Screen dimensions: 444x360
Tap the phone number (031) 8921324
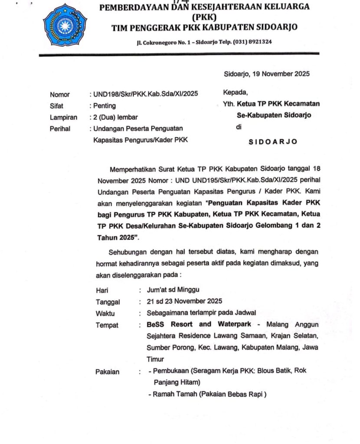[252, 42]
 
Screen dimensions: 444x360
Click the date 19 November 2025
[279, 74]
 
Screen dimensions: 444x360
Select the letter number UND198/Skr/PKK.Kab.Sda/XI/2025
[146, 94]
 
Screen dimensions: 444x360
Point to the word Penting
[105, 105]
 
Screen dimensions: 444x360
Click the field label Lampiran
[63, 117]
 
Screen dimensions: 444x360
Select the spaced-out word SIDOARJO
[273, 141]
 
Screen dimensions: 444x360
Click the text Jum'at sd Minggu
[173, 290]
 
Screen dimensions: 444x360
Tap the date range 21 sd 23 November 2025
[185, 301]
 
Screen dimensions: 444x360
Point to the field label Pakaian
[108, 372]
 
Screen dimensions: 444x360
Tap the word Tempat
[107, 325]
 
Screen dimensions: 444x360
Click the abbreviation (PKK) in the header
[204, 17]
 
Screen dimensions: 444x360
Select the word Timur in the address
[155, 359]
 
